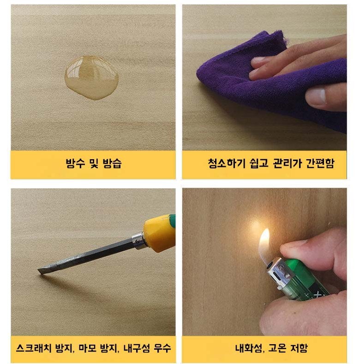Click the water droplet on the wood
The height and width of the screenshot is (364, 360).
point(91,78)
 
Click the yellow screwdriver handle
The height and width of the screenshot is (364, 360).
point(160,233)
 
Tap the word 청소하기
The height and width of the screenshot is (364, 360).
point(227,163)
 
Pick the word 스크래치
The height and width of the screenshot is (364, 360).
point(34,348)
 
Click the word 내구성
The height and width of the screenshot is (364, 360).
point(137,348)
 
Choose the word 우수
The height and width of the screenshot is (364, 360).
point(162,348)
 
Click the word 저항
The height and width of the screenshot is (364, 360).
point(299,348)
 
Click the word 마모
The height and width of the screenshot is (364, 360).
point(87,348)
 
